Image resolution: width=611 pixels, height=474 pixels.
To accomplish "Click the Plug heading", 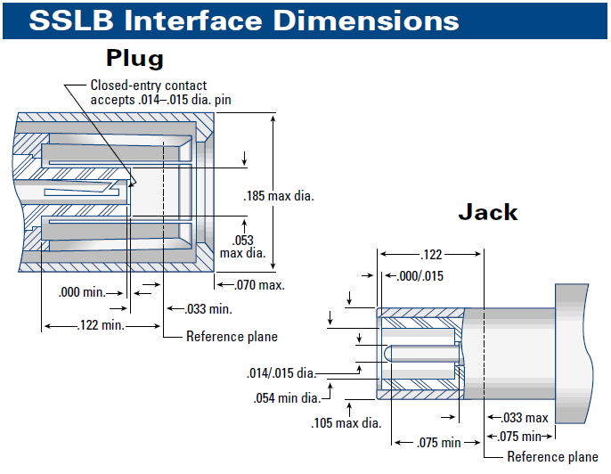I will [134, 59].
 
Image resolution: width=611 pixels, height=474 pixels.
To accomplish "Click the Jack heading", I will [487, 212].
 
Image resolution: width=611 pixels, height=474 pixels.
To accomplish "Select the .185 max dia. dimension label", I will [278, 193].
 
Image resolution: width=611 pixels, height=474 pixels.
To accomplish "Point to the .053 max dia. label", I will [242, 246].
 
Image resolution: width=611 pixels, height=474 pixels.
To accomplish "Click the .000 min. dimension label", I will [81, 291].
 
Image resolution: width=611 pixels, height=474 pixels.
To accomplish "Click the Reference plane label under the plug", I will [232, 337].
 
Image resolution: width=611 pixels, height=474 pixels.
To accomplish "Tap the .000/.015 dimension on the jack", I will [419, 275].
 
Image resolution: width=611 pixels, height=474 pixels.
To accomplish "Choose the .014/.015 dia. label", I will [281, 372].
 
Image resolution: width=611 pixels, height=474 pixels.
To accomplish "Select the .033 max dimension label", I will [525, 417].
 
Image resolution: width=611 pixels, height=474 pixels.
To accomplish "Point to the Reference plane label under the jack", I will [553, 457].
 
